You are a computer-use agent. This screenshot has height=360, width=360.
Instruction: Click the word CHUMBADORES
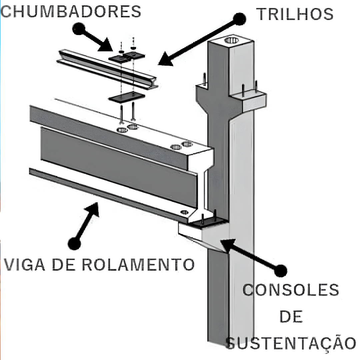point(71,12)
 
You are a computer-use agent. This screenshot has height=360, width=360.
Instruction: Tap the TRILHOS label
point(295,14)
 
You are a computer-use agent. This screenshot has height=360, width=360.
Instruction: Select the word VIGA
point(25,264)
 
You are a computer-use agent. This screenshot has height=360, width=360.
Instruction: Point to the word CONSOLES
point(291,290)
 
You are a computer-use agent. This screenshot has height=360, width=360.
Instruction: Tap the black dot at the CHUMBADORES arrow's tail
point(79,29)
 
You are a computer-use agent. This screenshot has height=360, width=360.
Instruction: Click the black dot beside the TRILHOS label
point(239,19)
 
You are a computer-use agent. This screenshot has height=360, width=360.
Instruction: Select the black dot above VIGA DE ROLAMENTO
point(74,243)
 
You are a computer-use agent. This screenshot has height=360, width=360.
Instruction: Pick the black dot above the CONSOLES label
point(281,270)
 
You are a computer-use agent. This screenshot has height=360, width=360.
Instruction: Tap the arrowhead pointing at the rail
point(166,60)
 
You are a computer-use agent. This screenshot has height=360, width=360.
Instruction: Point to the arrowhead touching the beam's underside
point(93,208)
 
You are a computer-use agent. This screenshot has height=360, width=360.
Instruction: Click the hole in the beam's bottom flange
point(184,212)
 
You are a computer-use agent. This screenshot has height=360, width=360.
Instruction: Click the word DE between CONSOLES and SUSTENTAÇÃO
point(291,317)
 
